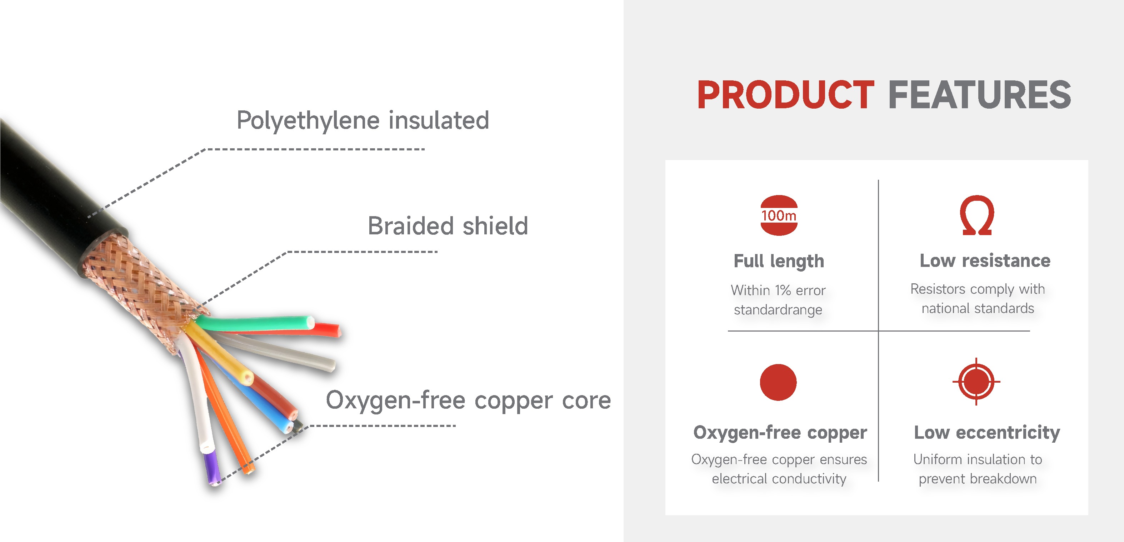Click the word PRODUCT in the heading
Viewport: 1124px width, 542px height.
click(785, 95)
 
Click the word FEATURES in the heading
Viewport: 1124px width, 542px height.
click(980, 95)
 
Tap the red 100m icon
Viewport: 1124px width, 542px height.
click(779, 215)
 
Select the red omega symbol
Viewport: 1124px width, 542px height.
click(978, 215)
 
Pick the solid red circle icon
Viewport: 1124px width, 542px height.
click(778, 382)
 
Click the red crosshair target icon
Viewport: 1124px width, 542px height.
click(976, 382)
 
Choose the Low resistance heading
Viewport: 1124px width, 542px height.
click(985, 260)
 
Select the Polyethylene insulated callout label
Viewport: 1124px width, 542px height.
click(363, 120)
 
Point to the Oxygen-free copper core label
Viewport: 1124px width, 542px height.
click(468, 400)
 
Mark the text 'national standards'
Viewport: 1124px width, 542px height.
click(978, 309)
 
